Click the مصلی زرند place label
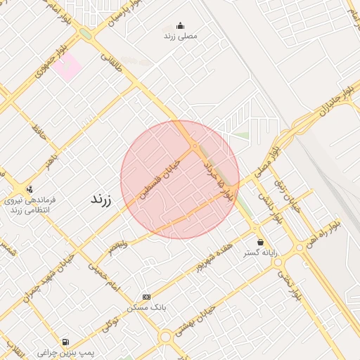coord(181,35)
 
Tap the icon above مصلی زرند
coord(181,26)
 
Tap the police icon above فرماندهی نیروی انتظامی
coord(30,188)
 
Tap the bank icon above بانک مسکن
coord(146,297)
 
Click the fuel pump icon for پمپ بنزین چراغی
coord(65,342)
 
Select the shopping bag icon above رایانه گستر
coord(260,242)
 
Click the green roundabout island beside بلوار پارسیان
coord(86,34)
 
